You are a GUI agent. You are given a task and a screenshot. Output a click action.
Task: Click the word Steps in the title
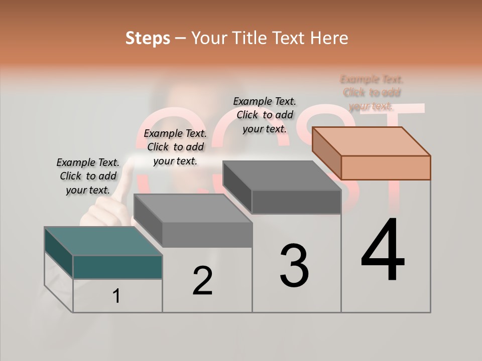pyautogui.click(x=148, y=38)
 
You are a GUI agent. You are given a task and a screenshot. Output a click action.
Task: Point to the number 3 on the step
pyautogui.click(x=294, y=266)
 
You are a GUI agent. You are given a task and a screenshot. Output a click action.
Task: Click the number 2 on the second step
pyautogui.click(x=202, y=281)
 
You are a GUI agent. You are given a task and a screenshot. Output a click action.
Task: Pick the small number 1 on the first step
pyautogui.click(x=116, y=296)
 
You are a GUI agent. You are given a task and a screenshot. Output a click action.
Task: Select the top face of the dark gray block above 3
pyautogui.click(x=282, y=175)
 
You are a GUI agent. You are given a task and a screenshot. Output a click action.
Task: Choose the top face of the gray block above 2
pyautogui.click(x=192, y=208)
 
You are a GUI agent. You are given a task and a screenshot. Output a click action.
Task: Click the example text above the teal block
pyautogui.click(x=88, y=176)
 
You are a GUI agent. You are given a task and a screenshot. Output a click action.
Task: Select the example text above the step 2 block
pyautogui.click(x=175, y=147)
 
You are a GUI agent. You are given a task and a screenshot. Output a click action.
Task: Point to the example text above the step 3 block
pyautogui.click(x=265, y=115)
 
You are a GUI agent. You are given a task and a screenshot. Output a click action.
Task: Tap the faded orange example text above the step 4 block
pyautogui.click(x=372, y=92)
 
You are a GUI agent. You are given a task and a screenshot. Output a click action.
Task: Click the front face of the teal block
pyautogui.click(x=117, y=267)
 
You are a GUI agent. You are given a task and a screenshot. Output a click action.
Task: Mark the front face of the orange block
pyautogui.click(x=386, y=167)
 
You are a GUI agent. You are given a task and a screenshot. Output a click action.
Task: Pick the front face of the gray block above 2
pyautogui.click(x=207, y=235)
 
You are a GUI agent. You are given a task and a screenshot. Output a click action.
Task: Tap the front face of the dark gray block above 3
pyautogui.click(x=296, y=202)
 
